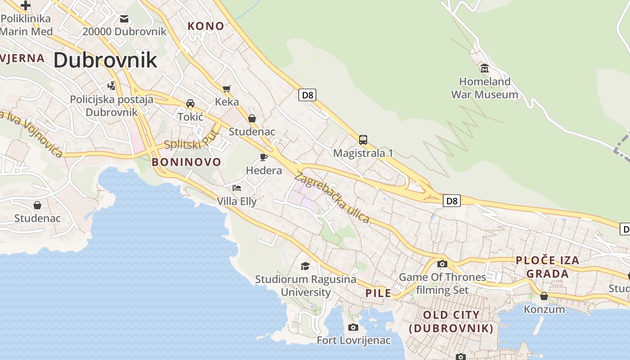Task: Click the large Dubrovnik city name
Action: pos(105,60)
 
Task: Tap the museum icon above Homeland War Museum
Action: pos(485,68)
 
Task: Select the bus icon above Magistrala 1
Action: pos(363,139)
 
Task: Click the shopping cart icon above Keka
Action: pos(226,89)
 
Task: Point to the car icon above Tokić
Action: pos(190,103)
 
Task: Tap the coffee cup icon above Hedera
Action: pos(264,157)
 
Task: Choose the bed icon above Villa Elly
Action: pos(237,188)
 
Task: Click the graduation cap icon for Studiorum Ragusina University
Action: pos(306,266)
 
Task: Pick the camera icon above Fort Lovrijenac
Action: pos(353,327)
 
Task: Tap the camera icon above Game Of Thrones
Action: pos(442,264)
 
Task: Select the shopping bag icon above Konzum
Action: pos(544,296)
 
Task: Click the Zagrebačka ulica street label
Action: pos(332,197)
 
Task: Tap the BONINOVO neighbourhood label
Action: pos(187,162)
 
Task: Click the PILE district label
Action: pos(378,293)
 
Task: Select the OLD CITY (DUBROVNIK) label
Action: pos(451,321)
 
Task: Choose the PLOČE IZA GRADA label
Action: pos(548,267)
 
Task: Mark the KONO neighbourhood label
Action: pos(206,26)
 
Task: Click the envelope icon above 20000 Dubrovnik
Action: pos(124,19)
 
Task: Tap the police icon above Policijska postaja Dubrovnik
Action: pos(111,85)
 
